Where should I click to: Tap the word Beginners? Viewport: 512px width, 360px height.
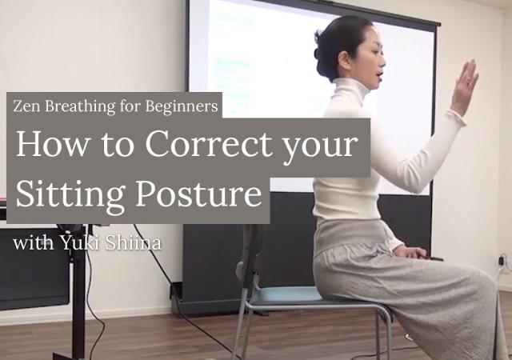pos(182,106)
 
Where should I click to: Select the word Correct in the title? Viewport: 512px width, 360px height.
pos(208,144)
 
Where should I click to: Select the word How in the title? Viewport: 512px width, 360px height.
pos(52,144)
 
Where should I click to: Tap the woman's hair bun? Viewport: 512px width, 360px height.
pos(322,49)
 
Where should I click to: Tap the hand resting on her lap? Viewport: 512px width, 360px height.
pos(412,253)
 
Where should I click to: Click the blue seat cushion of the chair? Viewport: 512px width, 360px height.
pos(285,294)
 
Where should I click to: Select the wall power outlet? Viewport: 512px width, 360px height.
pos(504,260)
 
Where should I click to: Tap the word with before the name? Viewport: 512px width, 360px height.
pos(34,243)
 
